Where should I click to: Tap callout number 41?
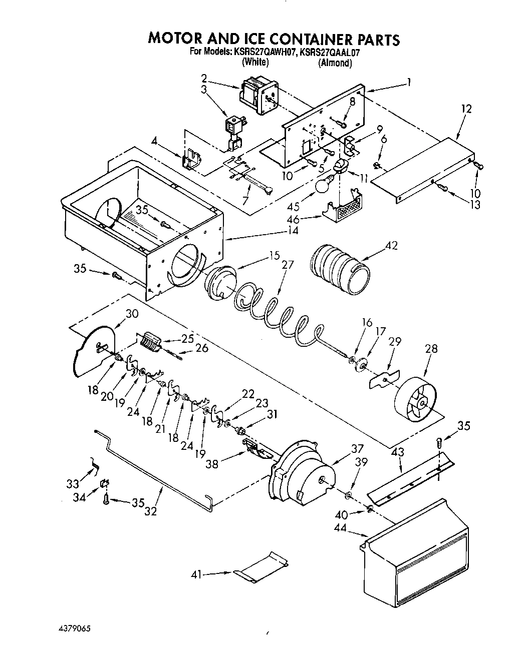click(196, 575)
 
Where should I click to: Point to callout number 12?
click(466, 109)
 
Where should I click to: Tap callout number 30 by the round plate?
click(131, 314)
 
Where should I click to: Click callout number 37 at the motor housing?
click(356, 448)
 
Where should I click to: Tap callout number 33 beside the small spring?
click(73, 484)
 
